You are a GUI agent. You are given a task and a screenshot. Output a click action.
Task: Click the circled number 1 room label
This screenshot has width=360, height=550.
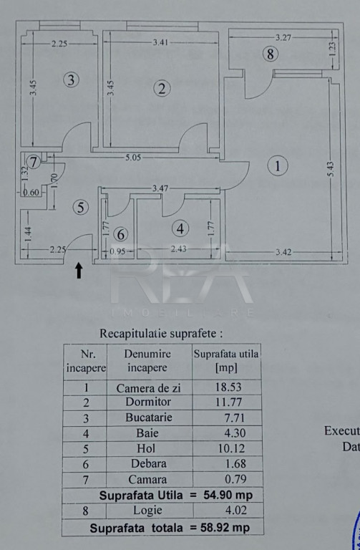(x=278, y=165)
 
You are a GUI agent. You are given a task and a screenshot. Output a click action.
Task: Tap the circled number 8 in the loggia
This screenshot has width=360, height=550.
(x=271, y=54)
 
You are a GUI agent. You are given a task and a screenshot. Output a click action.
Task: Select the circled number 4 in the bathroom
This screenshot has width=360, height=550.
(x=180, y=229)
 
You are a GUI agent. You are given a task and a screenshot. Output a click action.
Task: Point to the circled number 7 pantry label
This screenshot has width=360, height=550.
(x=34, y=163)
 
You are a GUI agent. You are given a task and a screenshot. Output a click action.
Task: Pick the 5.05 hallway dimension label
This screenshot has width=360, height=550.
(x=133, y=158)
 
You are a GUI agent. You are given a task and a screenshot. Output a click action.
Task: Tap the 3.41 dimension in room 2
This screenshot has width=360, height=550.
(x=160, y=42)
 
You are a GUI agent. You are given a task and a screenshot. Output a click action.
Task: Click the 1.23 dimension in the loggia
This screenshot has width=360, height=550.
(x=333, y=49)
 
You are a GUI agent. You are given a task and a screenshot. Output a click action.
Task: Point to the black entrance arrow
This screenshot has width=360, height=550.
(x=79, y=271)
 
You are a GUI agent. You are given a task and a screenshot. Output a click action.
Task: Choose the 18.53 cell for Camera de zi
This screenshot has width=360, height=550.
(x=228, y=387)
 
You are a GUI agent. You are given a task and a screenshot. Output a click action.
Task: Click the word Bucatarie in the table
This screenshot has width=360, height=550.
(x=149, y=417)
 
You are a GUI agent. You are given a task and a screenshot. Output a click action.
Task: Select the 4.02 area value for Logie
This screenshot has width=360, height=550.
(x=235, y=510)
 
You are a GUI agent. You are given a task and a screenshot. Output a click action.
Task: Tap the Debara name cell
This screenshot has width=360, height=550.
(x=149, y=464)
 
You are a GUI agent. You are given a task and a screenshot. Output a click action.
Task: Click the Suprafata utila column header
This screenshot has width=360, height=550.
(x=226, y=361)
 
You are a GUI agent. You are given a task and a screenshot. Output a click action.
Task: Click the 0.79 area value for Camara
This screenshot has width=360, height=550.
(x=235, y=479)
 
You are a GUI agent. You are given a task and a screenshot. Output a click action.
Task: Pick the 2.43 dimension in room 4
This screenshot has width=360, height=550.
(x=178, y=249)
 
